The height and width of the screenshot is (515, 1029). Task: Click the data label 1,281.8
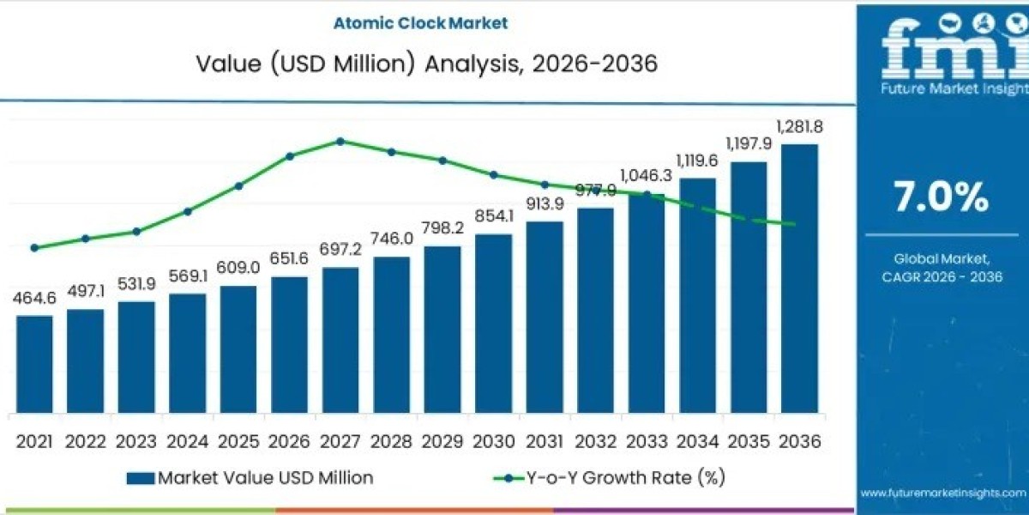[799, 127]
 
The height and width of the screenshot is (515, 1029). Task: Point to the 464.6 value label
[34, 299]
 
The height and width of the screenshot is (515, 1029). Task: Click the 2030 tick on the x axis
[493, 441]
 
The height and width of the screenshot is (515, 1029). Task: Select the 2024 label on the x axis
[187, 441]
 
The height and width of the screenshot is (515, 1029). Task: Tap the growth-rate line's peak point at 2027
[340, 141]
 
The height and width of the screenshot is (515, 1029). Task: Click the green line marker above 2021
[34, 247]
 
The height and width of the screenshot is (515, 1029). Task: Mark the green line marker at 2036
[799, 225]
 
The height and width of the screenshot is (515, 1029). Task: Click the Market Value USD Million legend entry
[250, 478]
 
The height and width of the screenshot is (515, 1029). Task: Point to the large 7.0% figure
[941, 198]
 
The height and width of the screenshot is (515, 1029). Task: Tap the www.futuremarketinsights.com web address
[942, 493]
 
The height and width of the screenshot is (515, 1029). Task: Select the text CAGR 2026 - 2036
[942, 276]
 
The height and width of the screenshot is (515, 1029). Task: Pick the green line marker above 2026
[290, 156]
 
